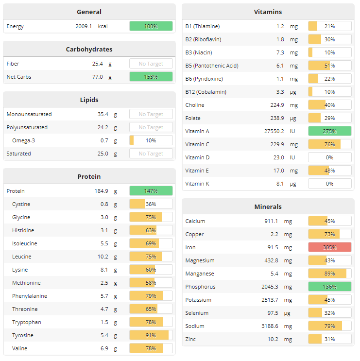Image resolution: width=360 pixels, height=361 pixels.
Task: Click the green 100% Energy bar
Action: [151, 26]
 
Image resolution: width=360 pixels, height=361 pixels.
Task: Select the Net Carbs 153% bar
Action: [151, 77]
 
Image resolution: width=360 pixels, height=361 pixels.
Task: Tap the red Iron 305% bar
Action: [329, 247]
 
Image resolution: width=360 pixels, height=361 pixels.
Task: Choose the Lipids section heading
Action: [89, 100]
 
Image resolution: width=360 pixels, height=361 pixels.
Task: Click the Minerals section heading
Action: [268, 206]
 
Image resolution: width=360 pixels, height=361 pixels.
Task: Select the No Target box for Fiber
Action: [151, 64]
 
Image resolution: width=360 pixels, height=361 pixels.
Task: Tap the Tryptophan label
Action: [27, 322]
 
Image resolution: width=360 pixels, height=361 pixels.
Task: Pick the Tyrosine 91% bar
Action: [151, 335]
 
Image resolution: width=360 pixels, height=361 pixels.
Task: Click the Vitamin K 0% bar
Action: [329, 184]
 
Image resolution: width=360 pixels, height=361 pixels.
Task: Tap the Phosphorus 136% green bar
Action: [329, 287]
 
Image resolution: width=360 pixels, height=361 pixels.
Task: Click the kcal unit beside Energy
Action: [103, 26]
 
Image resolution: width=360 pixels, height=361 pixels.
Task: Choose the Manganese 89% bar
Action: [329, 274]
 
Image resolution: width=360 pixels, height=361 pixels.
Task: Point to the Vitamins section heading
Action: [268, 12]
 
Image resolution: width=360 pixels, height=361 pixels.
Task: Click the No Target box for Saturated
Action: [151, 154]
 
